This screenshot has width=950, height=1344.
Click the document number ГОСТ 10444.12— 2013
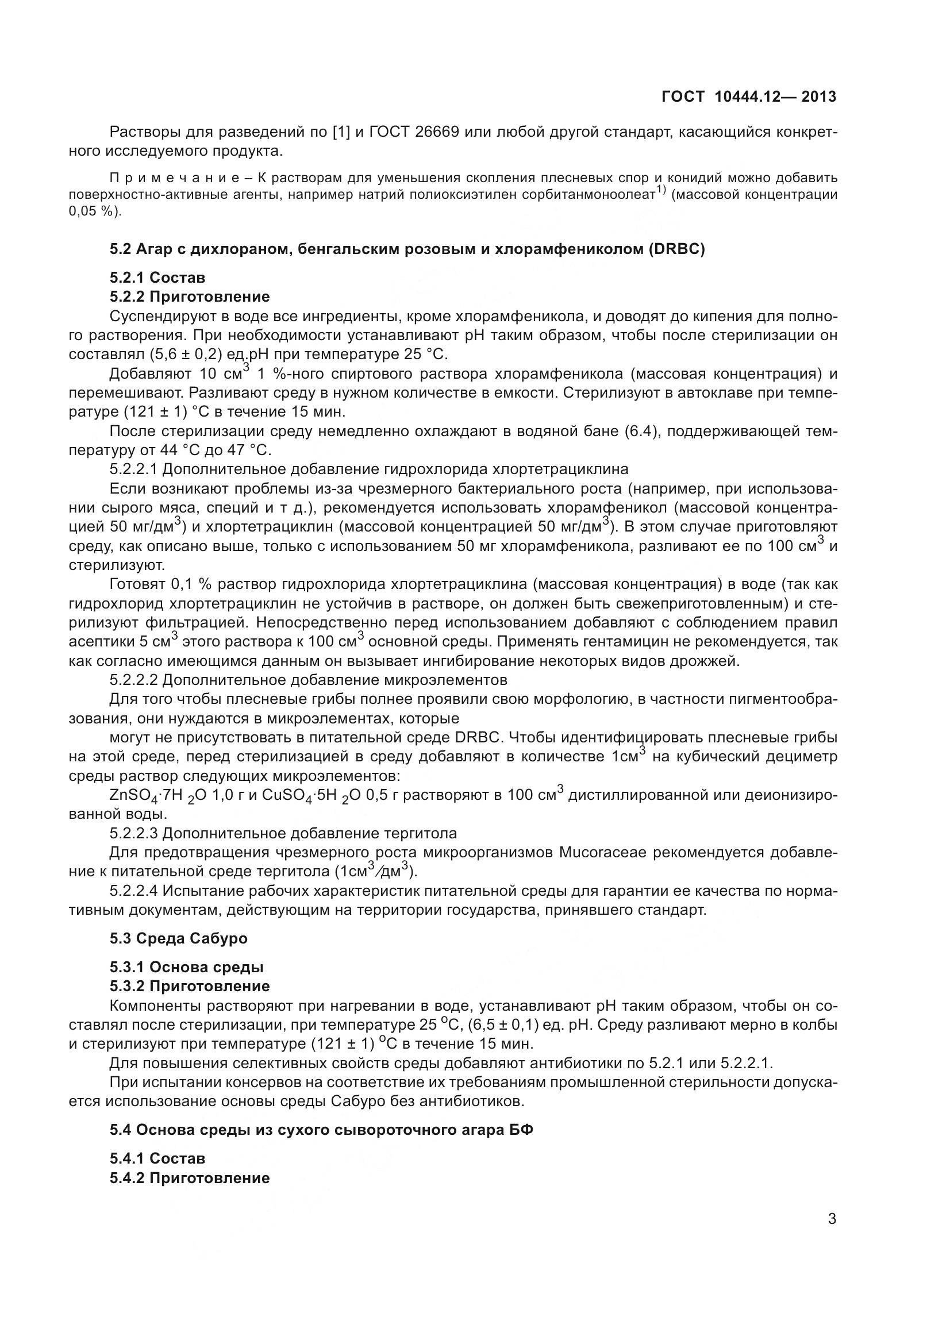(749, 97)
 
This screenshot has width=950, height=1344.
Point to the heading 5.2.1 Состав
(157, 277)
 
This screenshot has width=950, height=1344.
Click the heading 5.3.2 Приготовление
(190, 986)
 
